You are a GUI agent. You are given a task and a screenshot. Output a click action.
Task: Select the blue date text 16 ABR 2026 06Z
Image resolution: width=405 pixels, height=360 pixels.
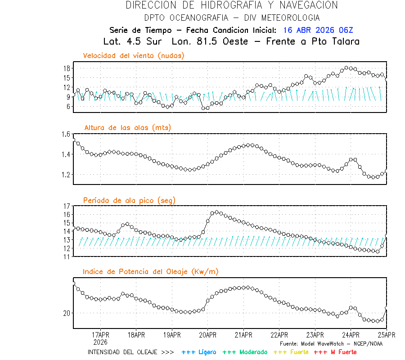(x=318, y=30)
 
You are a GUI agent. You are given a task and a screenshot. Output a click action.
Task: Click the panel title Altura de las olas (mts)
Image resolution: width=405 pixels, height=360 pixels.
(x=128, y=128)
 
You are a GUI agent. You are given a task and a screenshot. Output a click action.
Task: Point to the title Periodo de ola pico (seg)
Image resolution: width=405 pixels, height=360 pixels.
(x=129, y=200)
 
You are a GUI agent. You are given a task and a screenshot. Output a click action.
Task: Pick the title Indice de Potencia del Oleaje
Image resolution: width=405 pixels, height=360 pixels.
(x=151, y=271)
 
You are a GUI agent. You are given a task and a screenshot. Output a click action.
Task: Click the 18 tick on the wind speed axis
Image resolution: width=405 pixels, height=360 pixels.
(x=67, y=68)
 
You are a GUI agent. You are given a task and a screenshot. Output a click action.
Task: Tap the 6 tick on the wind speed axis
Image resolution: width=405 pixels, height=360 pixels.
(x=68, y=107)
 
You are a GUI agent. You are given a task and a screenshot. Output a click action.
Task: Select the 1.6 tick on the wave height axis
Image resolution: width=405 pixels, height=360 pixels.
(x=66, y=134)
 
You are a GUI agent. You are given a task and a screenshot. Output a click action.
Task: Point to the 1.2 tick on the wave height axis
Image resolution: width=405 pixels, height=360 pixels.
(x=66, y=175)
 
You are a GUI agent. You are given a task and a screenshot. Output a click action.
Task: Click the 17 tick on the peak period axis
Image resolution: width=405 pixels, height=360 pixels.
(x=67, y=206)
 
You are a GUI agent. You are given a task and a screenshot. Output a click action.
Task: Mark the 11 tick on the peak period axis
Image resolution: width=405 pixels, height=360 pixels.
(x=67, y=256)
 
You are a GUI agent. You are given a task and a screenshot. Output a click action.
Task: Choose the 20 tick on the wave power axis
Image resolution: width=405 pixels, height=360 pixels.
(x=67, y=313)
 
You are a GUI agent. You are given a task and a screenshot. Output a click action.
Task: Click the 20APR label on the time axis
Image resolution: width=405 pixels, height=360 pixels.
(x=207, y=335)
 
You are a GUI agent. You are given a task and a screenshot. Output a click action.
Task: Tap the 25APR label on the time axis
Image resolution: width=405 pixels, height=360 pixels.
(x=387, y=335)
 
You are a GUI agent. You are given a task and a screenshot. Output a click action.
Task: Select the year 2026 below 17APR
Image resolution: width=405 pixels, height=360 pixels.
(x=100, y=342)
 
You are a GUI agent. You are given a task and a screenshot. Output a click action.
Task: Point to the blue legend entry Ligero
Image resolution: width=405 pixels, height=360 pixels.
(x=206, y=352)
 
